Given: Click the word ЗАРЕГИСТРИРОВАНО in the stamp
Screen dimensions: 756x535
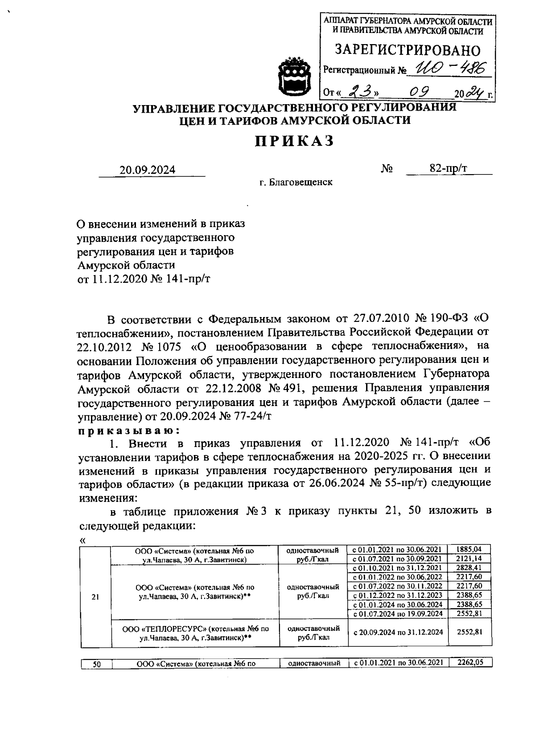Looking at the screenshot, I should click(407, 50).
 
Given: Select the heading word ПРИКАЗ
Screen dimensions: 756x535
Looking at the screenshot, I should click(294, 141).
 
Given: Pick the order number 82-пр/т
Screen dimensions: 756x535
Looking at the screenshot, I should click(451, 168).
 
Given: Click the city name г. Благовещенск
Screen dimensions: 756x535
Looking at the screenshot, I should click(296, 182).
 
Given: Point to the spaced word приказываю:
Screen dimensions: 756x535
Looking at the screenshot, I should click(129, 431).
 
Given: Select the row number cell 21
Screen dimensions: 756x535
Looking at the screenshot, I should click(95, 597).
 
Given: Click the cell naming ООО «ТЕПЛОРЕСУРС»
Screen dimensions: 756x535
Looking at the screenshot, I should click(195, 633).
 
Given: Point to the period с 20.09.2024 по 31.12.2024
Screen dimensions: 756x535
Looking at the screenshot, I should click(398, 632).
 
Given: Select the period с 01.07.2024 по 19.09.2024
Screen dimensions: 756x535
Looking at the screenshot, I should click(398, 614).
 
